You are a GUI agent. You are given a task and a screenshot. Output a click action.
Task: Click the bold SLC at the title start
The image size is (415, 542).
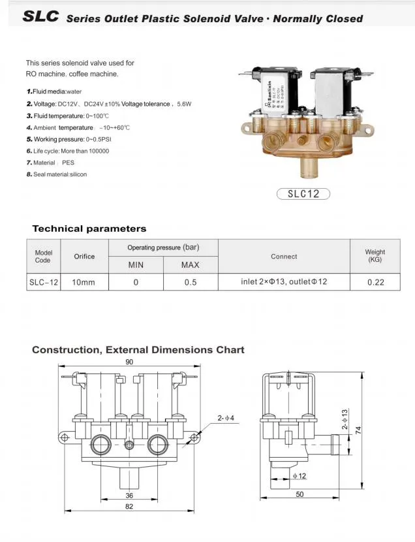pos(41,16)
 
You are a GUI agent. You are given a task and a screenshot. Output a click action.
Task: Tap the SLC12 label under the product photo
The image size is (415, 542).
pos(303,193)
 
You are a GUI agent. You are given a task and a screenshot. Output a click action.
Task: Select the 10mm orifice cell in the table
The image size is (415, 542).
pos(84,282)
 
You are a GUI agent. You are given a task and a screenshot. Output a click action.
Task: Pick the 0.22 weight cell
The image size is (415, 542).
pos(375,282)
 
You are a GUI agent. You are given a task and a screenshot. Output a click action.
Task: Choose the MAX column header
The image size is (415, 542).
pos(190,265)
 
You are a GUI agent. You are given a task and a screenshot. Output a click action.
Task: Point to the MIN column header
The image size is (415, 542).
pos(136,265)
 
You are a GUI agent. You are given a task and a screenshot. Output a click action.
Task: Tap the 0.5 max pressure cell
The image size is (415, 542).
pos(190,282)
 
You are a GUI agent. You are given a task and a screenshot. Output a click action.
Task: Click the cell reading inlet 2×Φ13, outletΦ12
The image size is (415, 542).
pos(283,282)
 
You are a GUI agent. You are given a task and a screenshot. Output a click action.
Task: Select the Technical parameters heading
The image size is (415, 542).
pos(89,229)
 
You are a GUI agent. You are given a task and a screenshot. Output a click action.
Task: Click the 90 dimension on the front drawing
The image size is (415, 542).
pos(129,362)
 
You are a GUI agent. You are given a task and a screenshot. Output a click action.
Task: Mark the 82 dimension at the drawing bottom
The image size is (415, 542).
pos(129,507)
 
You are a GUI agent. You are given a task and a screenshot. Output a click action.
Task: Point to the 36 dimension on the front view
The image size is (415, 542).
pos(129,496)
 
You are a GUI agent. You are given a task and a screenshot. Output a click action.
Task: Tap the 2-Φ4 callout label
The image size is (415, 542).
pos(227,417)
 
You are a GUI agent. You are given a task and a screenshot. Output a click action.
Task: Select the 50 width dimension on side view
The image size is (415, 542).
pos(300,494)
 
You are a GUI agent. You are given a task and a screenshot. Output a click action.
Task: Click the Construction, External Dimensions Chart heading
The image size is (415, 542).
pos(138,350)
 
